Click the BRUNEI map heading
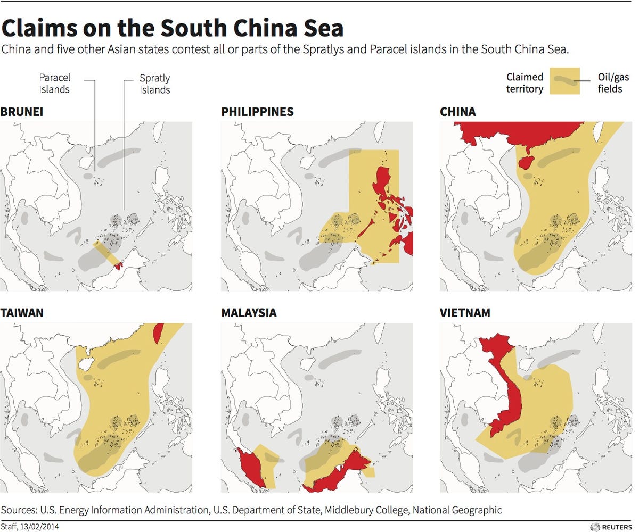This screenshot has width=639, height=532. pyautogui.click(x=22, y=112)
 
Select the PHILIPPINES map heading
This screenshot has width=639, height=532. pyautogui.click(x=257, y=112)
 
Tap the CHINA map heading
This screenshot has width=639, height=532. pyautogui.click(x=457, y=112)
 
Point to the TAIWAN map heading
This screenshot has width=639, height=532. pyautogui.click(x=22, y=313)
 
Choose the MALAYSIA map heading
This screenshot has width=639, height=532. pyautogui.click(x=249, y=313)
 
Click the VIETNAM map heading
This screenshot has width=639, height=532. pyautogui.click(x=465, y=313)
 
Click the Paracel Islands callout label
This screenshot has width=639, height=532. pyautogui.click(x=54, y=84)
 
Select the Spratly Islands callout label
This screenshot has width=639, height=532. pyautogui.click(x=154, y=84)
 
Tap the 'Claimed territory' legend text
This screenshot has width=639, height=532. pyautogui.click(x=525, y=83)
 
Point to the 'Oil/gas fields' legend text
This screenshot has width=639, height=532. pyautogui.click(x=610, y=83)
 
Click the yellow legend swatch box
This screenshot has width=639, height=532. pyautogui.click(x=564, y=81)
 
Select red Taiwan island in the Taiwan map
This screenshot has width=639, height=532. pyautogui.click(x=157, y=334)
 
